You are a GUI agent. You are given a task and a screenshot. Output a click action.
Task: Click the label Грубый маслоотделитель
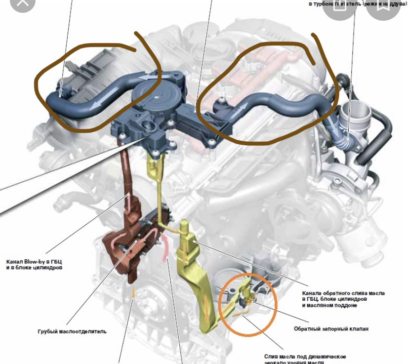click(72, 331)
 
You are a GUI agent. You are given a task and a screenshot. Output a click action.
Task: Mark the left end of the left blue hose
click(52, 99)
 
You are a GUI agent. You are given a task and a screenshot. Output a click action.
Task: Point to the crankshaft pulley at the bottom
click(148, 306)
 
